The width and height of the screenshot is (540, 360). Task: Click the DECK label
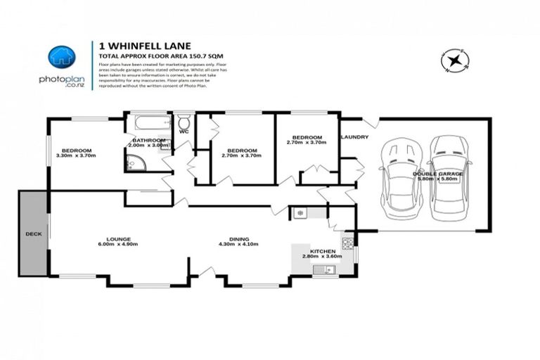click(33, 233)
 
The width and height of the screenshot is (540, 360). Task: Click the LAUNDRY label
click(354, 137)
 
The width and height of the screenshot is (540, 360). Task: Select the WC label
click(184, 131)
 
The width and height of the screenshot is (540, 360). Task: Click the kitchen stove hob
click(348, 243)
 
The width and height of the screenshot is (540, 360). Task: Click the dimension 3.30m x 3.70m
click(76, 156)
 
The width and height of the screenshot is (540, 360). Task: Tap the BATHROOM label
click(148, 140)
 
